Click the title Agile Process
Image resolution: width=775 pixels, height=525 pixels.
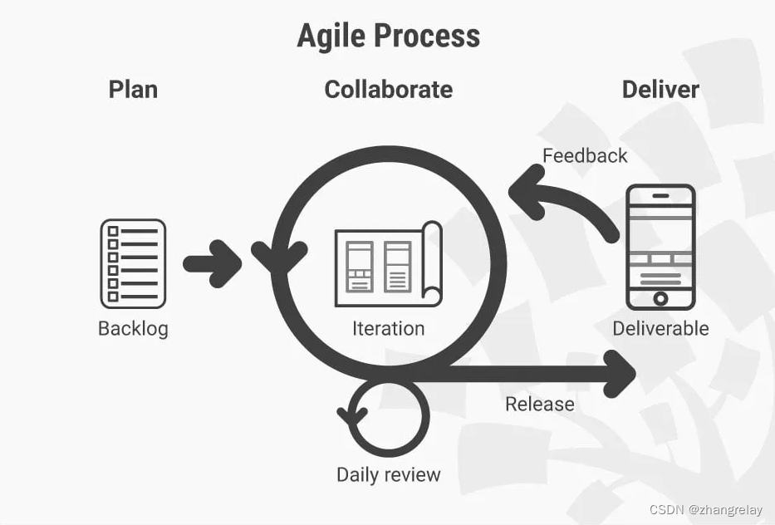[388, 36]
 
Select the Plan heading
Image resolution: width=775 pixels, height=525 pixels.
[133, 89]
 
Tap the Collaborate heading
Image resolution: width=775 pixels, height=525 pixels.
[388, 89]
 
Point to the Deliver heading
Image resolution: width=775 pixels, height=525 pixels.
[660, 89]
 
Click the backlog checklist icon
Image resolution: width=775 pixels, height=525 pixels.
[133, 263]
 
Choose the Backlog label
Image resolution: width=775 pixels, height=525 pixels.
[133, 328]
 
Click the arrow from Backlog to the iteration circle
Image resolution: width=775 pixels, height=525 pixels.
[213, 264]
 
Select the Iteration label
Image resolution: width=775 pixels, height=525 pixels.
[388, 328]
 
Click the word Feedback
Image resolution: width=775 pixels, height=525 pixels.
[585, 155]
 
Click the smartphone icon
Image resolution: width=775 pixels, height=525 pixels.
[660, 247]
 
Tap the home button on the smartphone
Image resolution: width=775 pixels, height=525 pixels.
[660, 298]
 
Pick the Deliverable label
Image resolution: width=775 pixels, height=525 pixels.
[660, 328]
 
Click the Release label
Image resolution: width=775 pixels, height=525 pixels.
[540, 404]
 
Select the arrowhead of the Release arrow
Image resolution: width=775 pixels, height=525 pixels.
[621, 373]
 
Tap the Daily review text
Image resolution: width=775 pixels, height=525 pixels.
[388, 474]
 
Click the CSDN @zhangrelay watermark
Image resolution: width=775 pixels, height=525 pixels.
[705, 509]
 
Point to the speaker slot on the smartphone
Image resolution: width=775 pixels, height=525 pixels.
[660, 196]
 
